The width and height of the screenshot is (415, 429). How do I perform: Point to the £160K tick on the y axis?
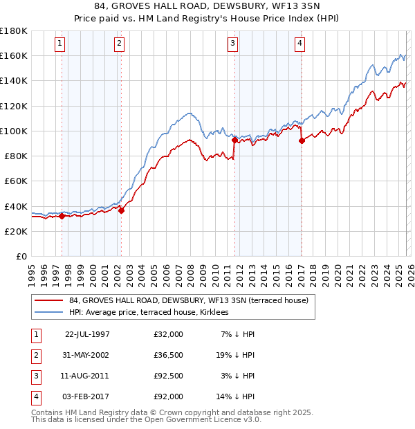pos(14,55)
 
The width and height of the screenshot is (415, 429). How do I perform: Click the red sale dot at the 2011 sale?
pos(234,140)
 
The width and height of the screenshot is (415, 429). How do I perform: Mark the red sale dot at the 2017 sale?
pos(302,140)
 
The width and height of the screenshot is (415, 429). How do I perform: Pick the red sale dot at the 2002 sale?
pos(121,210)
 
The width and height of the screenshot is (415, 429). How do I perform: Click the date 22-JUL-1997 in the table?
pos(87,334)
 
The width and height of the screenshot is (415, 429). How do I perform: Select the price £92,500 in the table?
pos(169,377)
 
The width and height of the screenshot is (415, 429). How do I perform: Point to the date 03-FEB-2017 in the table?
pos(87,396)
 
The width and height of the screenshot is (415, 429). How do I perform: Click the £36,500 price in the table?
pos(169,356)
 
